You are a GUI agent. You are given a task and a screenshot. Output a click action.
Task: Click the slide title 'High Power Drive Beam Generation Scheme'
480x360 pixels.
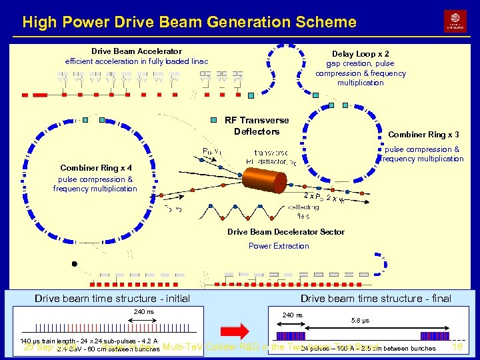coord(189,22)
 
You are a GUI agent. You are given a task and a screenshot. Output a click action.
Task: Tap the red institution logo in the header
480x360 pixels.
coord(455,21)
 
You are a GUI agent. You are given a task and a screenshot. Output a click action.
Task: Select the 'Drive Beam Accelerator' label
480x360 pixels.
coord(137,51)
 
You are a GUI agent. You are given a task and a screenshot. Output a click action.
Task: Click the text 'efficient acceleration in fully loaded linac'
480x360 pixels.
coord(137,61)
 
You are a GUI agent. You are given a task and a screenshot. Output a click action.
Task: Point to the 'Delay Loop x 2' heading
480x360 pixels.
coord(361,54)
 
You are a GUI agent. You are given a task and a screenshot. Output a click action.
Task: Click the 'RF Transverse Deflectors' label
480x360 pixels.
coord(257,125)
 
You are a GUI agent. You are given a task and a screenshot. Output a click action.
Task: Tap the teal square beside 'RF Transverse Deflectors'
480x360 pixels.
coord(213,121)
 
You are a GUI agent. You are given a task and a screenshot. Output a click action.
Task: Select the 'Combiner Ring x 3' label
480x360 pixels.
coord(423,135)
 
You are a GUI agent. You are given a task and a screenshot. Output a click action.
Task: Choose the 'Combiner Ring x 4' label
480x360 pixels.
coord(96,168)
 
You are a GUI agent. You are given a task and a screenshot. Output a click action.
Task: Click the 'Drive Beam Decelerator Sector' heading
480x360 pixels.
coord(286,232)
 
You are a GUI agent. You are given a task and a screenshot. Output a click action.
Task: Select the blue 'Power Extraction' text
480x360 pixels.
coord(279,246)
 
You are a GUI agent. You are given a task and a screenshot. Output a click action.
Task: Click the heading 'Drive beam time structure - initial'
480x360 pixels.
coord(112,299)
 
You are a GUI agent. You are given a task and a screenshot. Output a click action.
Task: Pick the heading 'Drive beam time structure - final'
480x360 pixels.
coord(375,299)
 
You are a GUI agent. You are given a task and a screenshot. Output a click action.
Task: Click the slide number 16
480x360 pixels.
coord(457,347)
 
